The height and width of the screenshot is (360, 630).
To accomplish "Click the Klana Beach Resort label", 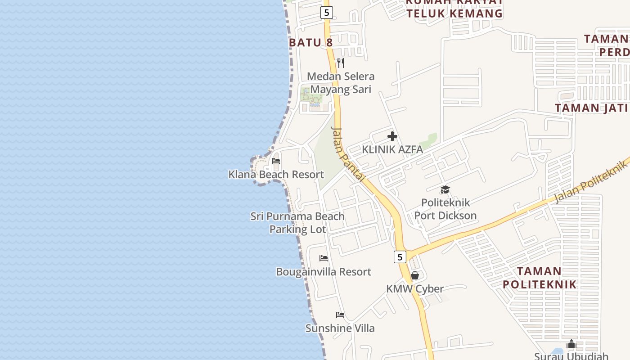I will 276,175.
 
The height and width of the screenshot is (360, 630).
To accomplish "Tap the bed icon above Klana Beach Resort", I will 276,161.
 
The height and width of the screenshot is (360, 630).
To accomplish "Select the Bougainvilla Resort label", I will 323,272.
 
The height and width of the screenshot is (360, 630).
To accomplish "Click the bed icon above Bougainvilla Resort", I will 323,258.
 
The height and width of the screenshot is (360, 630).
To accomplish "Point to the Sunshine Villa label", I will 340,328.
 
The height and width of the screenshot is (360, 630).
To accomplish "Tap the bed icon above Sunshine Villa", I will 340,315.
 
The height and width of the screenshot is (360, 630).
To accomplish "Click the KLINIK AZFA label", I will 392,149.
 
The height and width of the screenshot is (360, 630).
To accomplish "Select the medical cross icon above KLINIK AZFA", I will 392,136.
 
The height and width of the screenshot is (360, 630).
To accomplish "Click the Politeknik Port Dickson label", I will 445,209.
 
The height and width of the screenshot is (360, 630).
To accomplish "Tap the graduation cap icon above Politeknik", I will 445,190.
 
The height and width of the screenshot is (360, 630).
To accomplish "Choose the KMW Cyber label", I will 415,289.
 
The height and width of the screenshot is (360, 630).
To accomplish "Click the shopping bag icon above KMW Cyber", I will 415,275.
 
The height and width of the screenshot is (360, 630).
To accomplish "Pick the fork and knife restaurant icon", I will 341,63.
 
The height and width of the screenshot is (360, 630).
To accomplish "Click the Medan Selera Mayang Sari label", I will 341,83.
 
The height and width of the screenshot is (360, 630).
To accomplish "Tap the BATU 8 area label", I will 310,43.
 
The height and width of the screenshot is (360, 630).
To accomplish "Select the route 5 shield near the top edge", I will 327,13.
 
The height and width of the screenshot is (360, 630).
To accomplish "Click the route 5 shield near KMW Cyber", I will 400,257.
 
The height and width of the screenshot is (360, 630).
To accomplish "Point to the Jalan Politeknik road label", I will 590,182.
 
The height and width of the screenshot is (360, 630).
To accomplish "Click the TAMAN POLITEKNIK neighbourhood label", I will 539,278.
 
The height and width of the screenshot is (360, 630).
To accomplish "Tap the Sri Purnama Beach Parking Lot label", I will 297,223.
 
